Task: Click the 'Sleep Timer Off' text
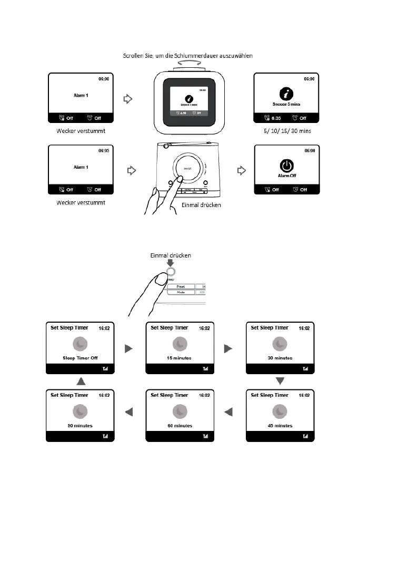pos(80,358)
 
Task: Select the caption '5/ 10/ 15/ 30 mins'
pos(287,131)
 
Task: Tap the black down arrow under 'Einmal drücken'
pos(170,264)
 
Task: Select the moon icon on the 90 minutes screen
pos(79,411)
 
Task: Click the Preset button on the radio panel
pos(181,287)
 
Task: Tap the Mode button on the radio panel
pos(181,292)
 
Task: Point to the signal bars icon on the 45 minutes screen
pos(305,436)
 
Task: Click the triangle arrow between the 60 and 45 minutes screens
pos(228,413)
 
